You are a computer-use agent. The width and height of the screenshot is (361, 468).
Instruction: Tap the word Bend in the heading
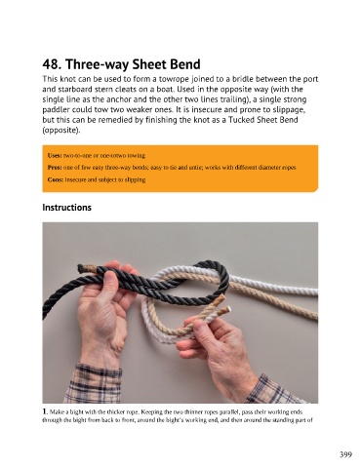185,64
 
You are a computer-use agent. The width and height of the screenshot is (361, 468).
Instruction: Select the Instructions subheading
66,208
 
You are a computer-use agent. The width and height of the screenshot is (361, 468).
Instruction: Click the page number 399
345,454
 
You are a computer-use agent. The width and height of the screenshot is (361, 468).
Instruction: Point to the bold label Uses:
55,155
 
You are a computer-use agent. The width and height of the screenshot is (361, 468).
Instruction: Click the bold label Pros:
55,168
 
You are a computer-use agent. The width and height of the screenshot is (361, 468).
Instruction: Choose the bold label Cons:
56,179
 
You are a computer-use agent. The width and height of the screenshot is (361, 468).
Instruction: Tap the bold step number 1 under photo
45,411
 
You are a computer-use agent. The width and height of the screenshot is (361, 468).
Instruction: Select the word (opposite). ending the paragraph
61,131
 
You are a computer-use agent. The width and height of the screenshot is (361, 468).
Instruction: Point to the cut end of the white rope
228,309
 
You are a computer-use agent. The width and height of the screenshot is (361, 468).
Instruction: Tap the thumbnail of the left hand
109,279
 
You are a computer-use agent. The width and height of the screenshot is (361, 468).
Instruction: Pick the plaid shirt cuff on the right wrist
273,389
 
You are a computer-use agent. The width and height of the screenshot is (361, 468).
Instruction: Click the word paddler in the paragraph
56,110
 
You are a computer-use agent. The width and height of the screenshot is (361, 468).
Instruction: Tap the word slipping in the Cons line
135,179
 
